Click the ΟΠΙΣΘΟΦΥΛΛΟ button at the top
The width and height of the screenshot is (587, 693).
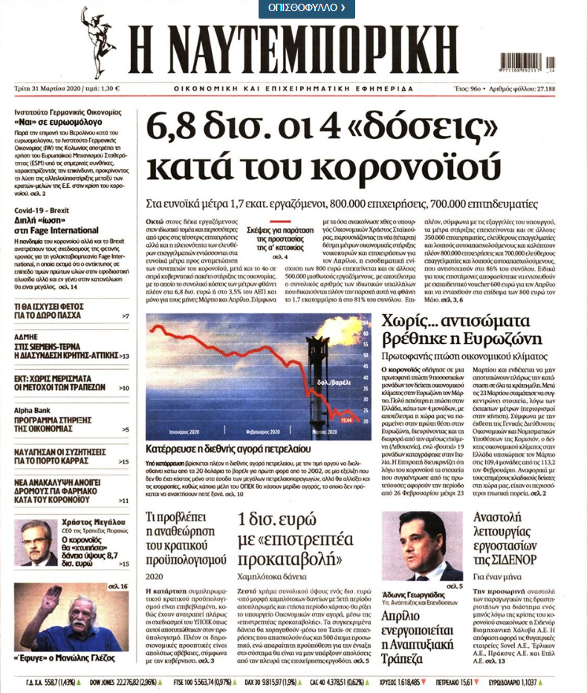[306, 8]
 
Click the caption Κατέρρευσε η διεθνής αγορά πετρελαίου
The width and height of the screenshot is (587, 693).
[233, 449]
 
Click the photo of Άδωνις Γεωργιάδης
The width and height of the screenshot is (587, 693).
[421, 547]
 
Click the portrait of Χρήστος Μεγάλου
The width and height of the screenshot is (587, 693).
[36, 542]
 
